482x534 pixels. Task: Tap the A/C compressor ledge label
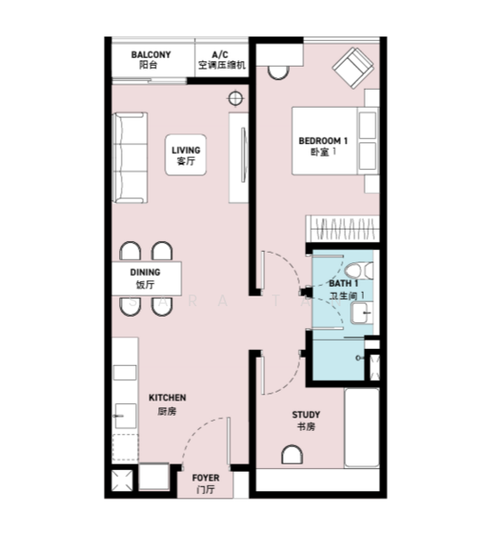pyautogui.click(x=221, y=60)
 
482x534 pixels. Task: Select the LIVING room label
pyautogui.click(x=186, y=156)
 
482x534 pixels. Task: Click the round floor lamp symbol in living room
pyautogui.click(x=236, y=98)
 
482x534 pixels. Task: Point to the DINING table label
pyautogui.click(x=145, y=279)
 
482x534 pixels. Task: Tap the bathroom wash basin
pyautogui.click(x=363, y=311)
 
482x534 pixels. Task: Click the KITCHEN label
pyautogui.click(x=166, y=403)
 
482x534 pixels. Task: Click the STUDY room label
pyautogui.click(x=306, y=420)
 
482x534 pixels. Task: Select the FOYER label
pyautogui.click(x=205, y=483)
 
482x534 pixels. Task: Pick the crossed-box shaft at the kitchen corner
pyautogui.click(x=121, y=481)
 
